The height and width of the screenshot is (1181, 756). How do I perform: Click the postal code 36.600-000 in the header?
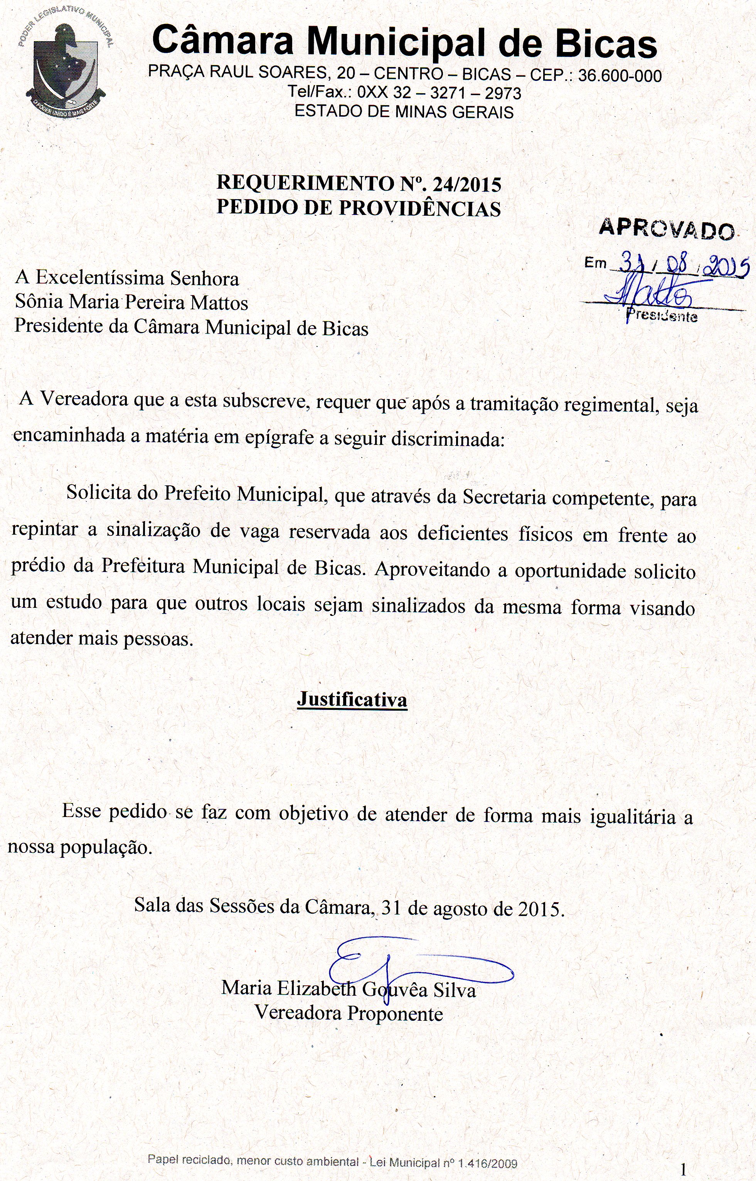(x=620, y=75)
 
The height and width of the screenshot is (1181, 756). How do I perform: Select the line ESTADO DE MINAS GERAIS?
(x=404, y=112)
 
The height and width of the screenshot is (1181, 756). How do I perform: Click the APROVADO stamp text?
(x=666, y=228)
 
